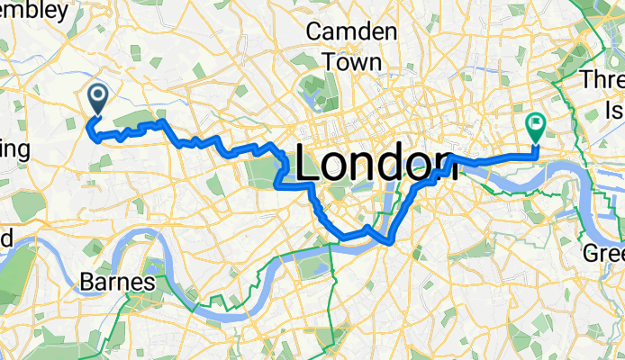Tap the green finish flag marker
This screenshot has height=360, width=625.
pyautogui.click(x=535, y=126)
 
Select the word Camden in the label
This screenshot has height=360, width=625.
pyautogui.click(x=351, y=32)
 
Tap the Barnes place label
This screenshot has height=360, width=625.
pyautogui.click(x=117, y=283)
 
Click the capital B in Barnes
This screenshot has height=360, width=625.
pyautogui.click(x=88, y=283)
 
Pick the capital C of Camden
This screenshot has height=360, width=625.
pyautogui.click(x=314, y=32)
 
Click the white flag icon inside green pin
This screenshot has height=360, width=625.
pyautogui.click(x=535, y=122)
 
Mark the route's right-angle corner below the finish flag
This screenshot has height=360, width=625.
pyautogui.click(x=536, y=155)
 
